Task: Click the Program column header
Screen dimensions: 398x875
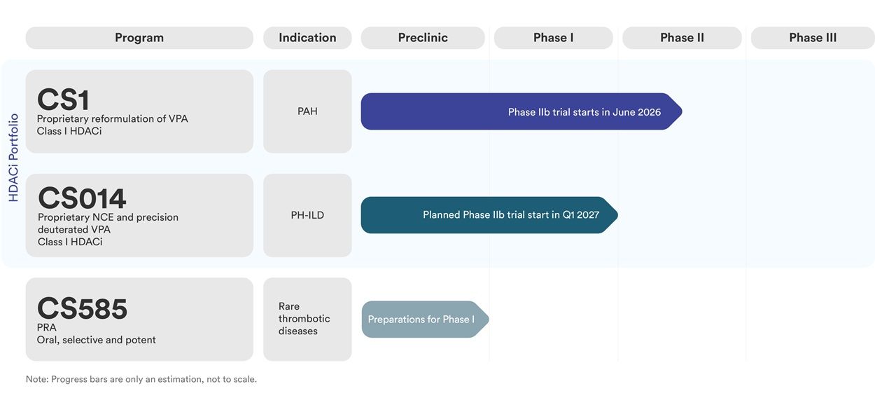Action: (x=139, y=38)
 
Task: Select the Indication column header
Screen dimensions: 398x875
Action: (x=307, y=38)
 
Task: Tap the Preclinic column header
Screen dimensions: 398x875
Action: (x=422, y=38)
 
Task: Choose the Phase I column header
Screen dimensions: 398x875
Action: (x=553, y=38)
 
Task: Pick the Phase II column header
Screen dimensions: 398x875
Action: (x=682, y=38)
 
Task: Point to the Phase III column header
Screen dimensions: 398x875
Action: (x=812, y=38)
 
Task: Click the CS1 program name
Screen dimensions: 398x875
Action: (x=63, y=100)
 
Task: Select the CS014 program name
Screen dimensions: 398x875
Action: (x=82, y=198)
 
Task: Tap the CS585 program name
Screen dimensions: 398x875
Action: (x=82, y=309)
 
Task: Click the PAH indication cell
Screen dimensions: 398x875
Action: (x=307, y=111)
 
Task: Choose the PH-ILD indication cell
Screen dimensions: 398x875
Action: (x=307, y=215)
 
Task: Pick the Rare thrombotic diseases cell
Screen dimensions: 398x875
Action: (x=304, y=319)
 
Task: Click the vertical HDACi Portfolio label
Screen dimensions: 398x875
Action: (x=13, y=158)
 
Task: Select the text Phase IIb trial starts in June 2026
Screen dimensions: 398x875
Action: (x=584, y=112)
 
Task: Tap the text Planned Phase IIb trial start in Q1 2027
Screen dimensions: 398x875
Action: (x=511, y=215)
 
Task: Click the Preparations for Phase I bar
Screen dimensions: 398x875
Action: (x=421, y=320)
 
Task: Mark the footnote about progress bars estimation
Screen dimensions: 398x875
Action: (x=141, y=379)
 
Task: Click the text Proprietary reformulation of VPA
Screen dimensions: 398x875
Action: (x=112, y=119)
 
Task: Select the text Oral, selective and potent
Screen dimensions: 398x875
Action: (x=96, y=340)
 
